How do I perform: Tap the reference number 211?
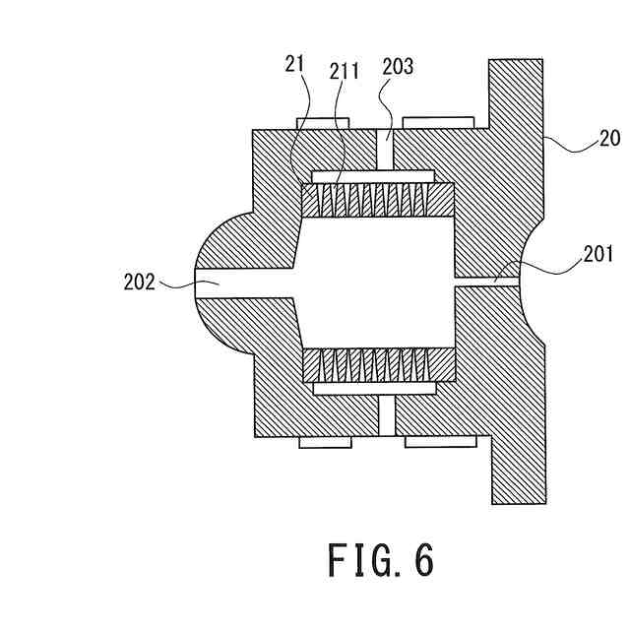pos(346,71)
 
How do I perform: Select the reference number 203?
pos(399,67)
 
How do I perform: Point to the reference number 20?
pos(609,137)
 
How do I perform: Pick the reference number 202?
pos(141,283)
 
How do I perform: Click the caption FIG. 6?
pos(380,560)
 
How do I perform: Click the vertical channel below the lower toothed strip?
pos(385,418)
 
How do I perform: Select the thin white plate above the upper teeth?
pos(373,176)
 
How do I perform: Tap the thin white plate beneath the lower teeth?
pos(373,390)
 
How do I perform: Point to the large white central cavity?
pos(374,283)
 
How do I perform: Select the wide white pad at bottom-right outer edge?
pos(440,442)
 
